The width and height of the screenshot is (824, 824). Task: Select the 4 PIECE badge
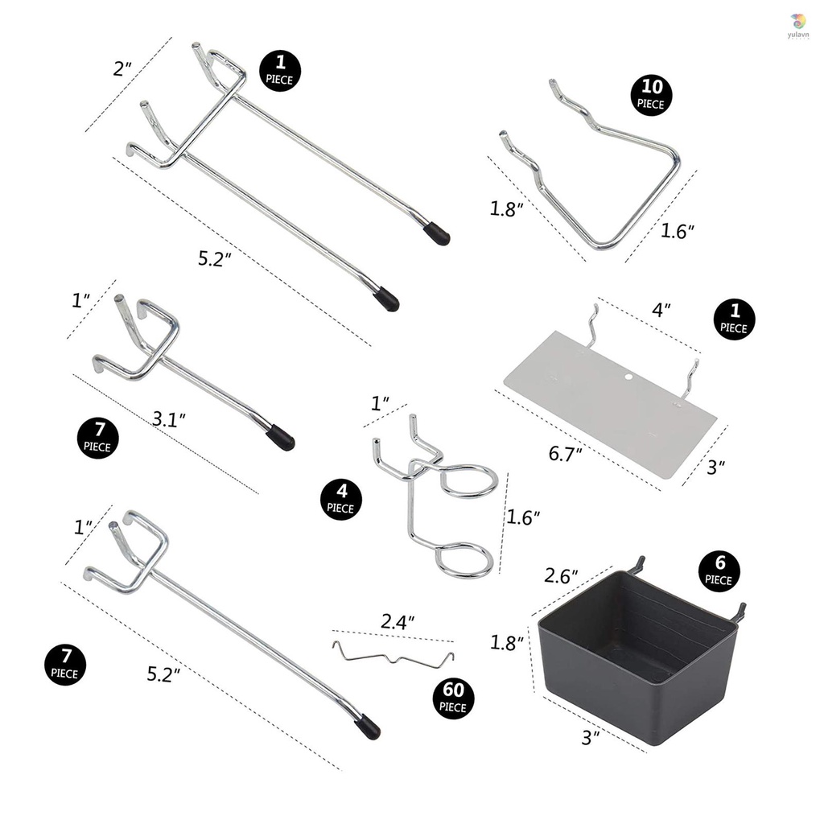pos(340,500)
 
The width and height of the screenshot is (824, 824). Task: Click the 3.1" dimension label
pos(170,418)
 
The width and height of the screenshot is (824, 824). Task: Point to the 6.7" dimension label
pos(566,455)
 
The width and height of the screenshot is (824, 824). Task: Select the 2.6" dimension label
pos(562,576)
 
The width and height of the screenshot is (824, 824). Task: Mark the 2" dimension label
pos(122,68)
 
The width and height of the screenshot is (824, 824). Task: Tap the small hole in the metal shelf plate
pos(628,376)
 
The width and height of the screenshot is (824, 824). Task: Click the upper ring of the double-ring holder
pos(468,480)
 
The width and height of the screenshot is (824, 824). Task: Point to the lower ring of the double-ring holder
pos(464,561)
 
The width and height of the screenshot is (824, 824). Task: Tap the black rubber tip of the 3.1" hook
pos(281,438)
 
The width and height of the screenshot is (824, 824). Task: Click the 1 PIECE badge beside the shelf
pos(733,319)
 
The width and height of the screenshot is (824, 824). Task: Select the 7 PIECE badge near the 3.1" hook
pos(100,438)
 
